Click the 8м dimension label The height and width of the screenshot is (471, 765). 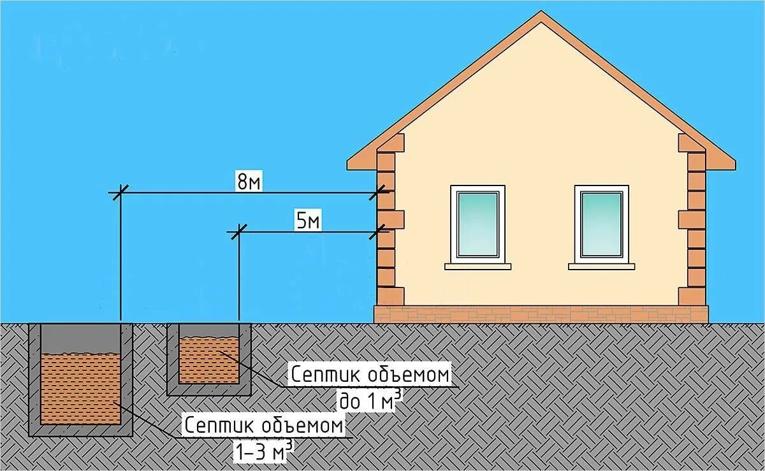tap(249, 182)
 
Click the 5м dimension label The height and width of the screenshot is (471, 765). tap(307, 222)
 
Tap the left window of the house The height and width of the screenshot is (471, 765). tap(477, 223)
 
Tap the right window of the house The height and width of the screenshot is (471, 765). tap(601, 223)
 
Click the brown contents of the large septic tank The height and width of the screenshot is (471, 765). tap(80, 389)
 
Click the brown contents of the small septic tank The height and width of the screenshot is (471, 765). tap(208, 360)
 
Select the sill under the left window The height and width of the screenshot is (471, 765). tap(477, 266)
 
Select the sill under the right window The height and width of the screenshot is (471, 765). tap(601, 266)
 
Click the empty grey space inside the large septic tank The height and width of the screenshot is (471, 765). tap(80, 338)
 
